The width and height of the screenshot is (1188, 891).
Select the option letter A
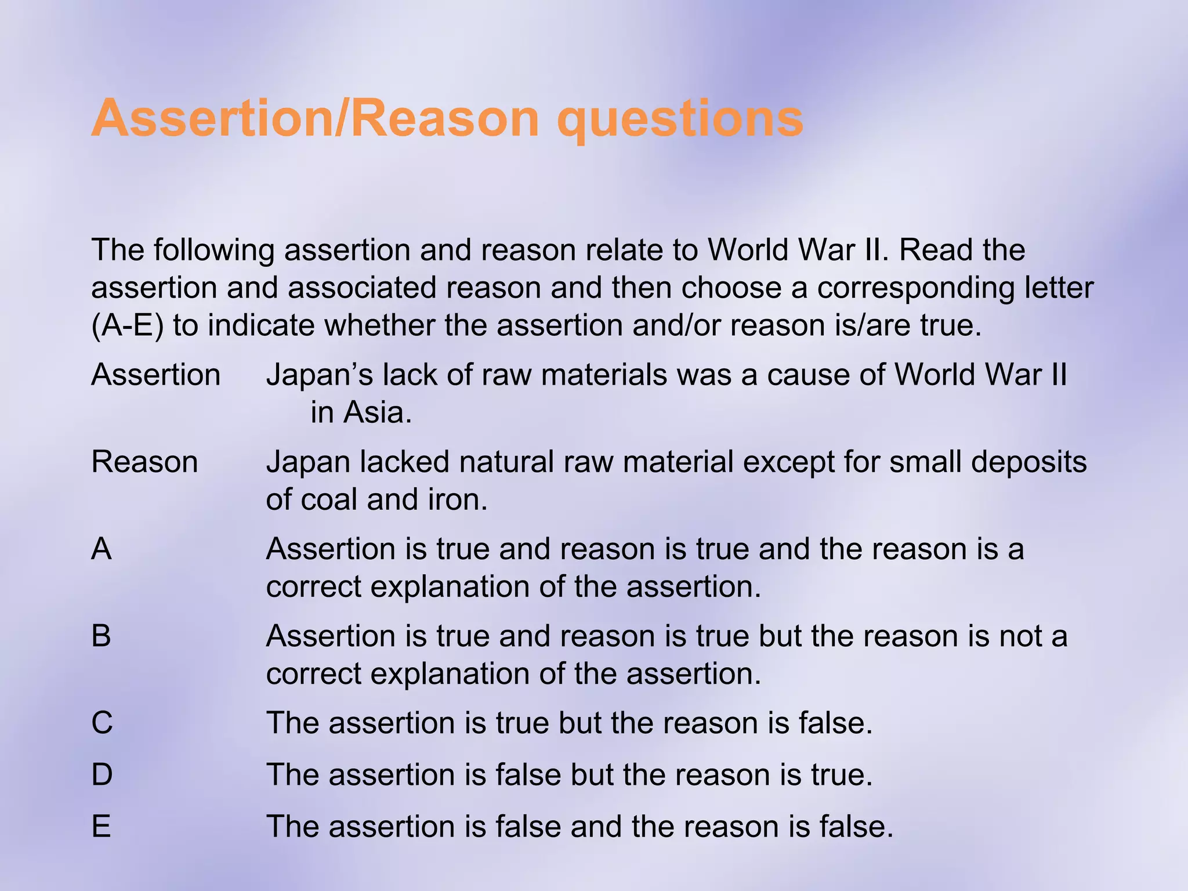pos(102,549)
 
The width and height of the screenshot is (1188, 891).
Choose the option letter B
pos(102,636)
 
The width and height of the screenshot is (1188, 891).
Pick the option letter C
pos(102,723)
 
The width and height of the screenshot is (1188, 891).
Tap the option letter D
pos(102,774)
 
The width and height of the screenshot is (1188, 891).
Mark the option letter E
pos(102,826)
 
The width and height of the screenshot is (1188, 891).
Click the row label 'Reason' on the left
pos(144,462)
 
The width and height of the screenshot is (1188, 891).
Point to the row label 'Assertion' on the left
pos(155,375)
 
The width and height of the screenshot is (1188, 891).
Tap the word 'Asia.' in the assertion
pos(378,413)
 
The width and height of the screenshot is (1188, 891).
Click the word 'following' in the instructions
pos(214,251)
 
